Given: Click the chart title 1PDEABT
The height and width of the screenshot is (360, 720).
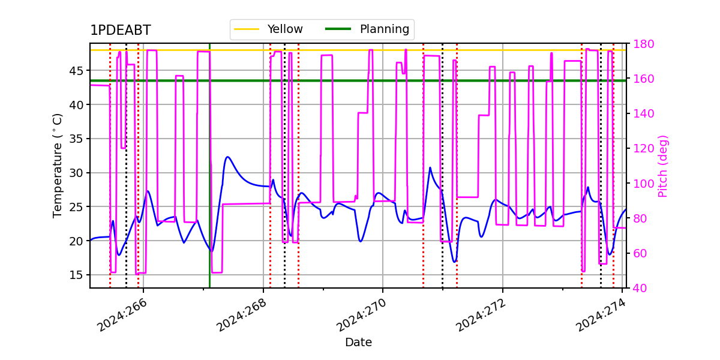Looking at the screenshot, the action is tap(121, 30).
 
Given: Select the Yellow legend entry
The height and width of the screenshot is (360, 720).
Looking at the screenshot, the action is tap(268, 29).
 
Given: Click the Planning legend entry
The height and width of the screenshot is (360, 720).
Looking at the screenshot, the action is tap(367, 29).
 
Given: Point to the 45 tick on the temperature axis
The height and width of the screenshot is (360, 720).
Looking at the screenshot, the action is tap(76, 71).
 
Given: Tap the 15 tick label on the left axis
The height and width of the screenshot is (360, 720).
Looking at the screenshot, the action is tap(76, 275).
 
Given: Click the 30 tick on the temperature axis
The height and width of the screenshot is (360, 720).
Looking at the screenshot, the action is tap(76, 173).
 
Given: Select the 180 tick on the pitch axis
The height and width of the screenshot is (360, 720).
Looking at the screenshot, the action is tap(643, 44).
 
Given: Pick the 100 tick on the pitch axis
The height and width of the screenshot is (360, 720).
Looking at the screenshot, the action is tap(643, 184).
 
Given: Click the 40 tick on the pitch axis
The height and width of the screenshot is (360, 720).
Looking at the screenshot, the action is tap(640, 289).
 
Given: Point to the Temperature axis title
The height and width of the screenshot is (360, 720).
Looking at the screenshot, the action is tap(57, 166).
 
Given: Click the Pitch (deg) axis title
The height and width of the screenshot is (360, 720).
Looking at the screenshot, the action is tap(663, 166).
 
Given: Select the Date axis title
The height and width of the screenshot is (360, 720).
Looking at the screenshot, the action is tap(358, 343).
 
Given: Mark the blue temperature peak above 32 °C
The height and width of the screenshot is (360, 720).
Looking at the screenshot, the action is tap(227, 157).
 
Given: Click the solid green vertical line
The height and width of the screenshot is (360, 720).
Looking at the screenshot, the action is tap(209, 166).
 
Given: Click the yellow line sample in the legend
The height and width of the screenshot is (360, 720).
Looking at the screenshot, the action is tap(247, 29).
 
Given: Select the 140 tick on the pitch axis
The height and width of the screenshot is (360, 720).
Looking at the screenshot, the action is tap(643, 114).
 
